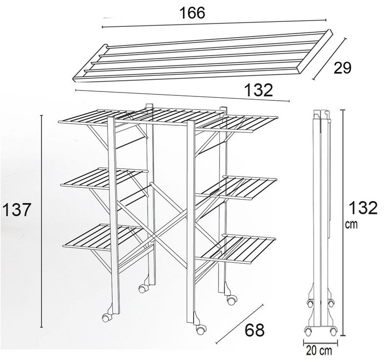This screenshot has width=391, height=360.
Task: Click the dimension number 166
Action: (192, 13)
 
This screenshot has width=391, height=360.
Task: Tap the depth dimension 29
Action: (343, 68)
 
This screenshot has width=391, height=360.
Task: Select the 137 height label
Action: (17, 209)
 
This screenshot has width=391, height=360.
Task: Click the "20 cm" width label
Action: (319, 351)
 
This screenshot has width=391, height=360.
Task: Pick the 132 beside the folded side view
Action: (363, 208)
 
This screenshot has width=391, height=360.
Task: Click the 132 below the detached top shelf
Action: (259, 90)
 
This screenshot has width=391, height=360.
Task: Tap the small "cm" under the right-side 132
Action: (351, 225)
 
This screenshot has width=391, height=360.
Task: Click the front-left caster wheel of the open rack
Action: (106, 317)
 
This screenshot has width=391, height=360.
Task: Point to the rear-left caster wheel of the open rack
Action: (142, 289)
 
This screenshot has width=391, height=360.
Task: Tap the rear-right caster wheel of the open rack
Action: (231, 300)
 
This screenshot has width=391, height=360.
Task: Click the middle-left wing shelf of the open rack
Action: (104, 178)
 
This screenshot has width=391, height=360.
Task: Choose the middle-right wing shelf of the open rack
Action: (237, 187)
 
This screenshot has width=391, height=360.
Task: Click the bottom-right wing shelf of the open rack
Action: (236, 248)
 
